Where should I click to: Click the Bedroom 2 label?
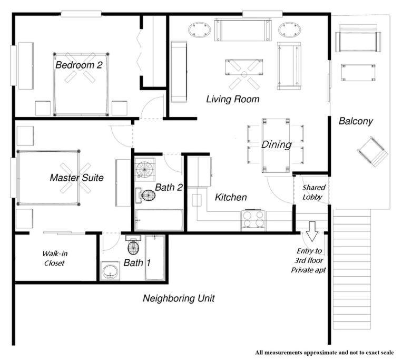point(79,65)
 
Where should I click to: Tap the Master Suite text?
point(76,178)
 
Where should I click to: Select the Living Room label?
point(233,99)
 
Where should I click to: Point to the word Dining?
point(277,144)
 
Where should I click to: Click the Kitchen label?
point(231,197)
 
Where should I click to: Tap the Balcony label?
point(356,121)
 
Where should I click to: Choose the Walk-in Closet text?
point(55,258)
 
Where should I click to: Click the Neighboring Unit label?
point(179,298)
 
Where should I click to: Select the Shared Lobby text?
point(313,192)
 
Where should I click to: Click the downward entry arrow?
point(312,231)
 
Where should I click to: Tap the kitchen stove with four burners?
point(253,220)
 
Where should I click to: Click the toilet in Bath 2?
point(145,195)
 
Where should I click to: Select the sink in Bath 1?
point(110,271)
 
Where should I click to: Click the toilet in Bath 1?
point(133,246)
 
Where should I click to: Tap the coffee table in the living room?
point(244,67)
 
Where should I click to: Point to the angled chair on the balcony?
point(372,152)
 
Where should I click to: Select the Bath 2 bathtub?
point(159,220)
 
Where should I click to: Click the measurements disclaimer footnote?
point(325,353)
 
